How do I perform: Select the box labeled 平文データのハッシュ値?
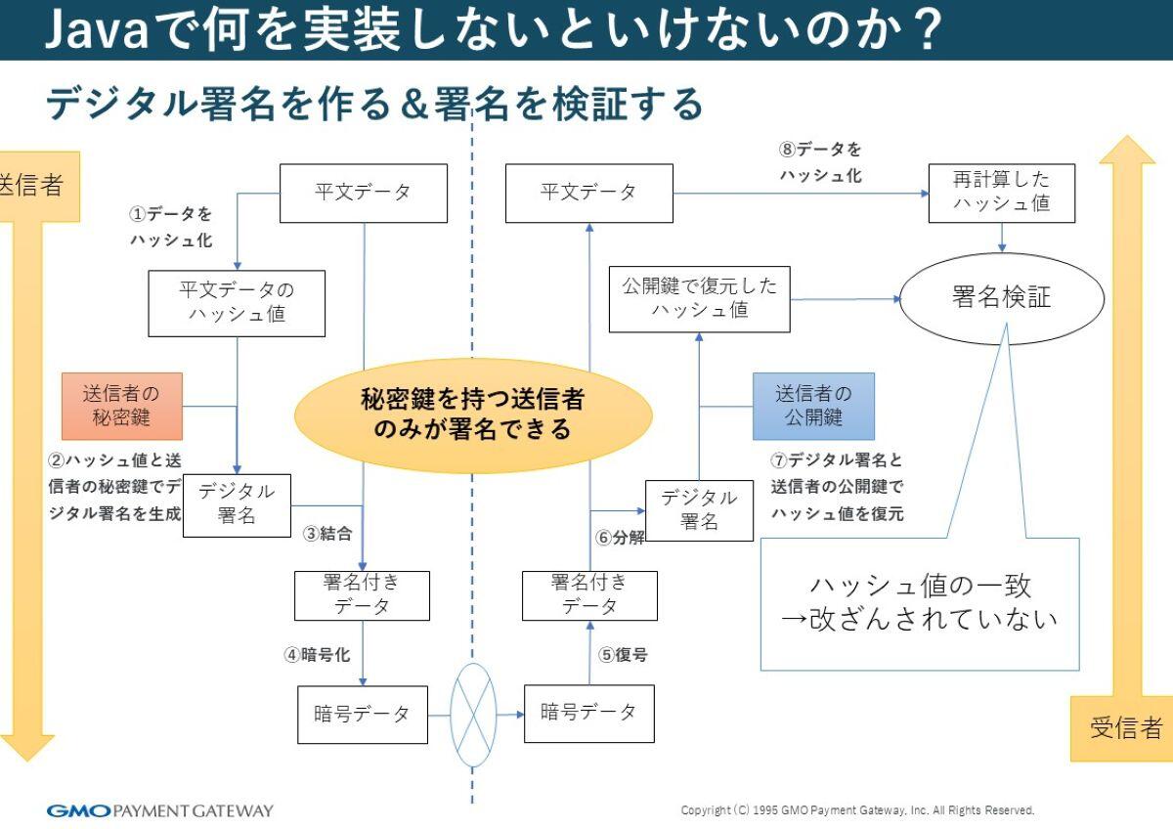[237, 303]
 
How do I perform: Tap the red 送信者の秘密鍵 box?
[121, 406]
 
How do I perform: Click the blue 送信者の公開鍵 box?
[813, 406]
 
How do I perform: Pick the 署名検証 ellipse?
[1001, 297]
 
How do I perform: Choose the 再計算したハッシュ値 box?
[1001, 193]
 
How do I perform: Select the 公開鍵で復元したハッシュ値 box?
[699, 297]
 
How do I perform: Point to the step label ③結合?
[326, 534]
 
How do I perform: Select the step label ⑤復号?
[622, 655]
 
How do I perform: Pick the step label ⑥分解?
[621, 538]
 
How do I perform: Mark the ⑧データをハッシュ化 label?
[820, 162]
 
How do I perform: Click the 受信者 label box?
[1125, 728]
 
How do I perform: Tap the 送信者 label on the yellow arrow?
[29, 186]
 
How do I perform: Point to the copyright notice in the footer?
[856, 810]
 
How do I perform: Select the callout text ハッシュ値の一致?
[919, 586]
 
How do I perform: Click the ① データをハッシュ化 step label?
[171, 226]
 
